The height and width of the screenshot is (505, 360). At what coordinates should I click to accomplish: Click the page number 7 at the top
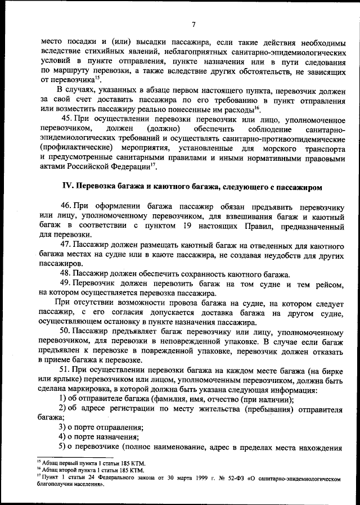pyautogui.click(x=192, y=24)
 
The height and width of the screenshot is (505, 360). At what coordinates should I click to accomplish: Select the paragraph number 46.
pyautogui.click(x=66, y=207)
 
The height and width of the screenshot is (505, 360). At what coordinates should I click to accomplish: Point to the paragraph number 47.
pyautogui.click(x=66, y=245)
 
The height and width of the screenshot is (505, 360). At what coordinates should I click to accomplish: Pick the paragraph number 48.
pyautogui.click(x=66, y=274)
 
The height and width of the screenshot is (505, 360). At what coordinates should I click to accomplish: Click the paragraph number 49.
pyautogui.click(x=66, y=283)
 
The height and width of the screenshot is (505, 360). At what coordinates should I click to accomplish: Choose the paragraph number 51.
pyautogui.click(x=66, y=370)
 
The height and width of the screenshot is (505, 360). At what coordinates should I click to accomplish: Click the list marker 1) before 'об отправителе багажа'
pyautogui.click(x=63, y=399)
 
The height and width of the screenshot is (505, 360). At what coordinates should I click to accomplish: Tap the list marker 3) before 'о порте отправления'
pyautogui.click(x=63, y=428)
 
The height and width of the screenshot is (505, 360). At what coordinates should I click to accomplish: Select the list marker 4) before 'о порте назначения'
pyautogui.click(x=63, y=438)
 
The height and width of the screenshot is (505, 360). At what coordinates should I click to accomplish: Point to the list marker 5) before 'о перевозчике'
pyautogui.click(x=63, y=447)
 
